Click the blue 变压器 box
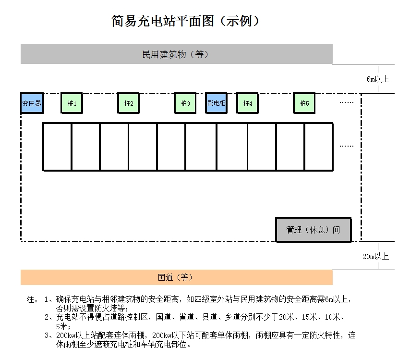[x=32, y=103]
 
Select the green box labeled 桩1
[x=72, y=103]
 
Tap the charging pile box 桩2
[x=129, y=103]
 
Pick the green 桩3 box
[x=185, y=103]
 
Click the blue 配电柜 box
[x=216, y=103]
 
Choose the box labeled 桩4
[x=247, y=103]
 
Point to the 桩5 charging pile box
[x=304, y=103]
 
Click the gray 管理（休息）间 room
[x=313, y=230]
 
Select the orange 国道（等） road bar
[x=176, y=277]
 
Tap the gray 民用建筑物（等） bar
[x=176, y=54]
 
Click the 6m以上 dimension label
[x=378, y=79]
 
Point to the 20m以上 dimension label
[x=375, y=256]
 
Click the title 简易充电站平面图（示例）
[x=186, y=21]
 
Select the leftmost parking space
[x=57, y=147]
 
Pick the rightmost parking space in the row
[x=318, y=147]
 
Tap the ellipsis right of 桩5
[x=346, y=102]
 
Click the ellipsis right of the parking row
[x=346, y=146]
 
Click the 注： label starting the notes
[x=32, y=299]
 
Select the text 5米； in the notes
[x=63, y=326]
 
